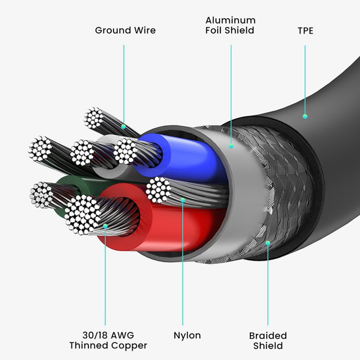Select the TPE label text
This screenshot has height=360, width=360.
pyautogui.click(x=305, y=30)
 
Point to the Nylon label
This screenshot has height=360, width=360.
pyautogui.click(x=187, y=335)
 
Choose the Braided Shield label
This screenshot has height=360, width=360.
pyautogui.click(x=268, y=340)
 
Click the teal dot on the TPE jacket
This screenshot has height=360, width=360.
pyautogui.click(x=305, y=116)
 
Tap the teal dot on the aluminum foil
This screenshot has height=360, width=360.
pyautogui.click(x=231, y=146)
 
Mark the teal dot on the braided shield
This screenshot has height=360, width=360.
pyautogui.click(x=268, y=243)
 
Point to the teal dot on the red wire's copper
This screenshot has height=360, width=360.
pyautogui.click(x=106, y=226)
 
